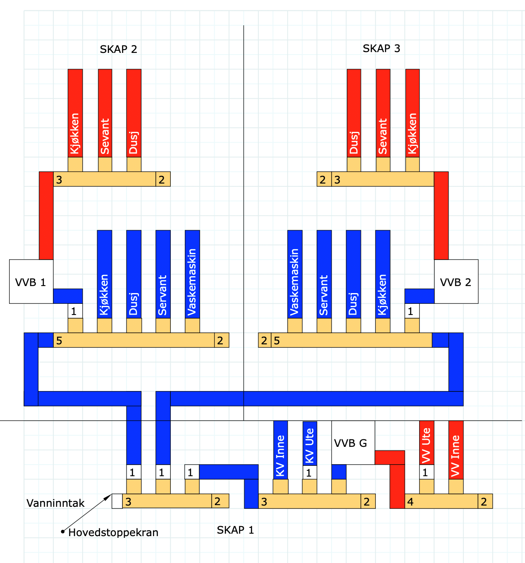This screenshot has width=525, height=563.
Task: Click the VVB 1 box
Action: [31, 282]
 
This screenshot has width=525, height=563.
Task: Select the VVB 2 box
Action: [456, 282]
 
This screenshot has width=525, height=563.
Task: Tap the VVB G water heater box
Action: [353, 443]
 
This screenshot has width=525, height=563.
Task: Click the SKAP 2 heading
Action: [118, 49]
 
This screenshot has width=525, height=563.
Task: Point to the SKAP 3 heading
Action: [381, 48]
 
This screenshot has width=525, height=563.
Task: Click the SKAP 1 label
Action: [235, 530]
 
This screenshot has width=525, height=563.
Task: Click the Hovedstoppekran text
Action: [113, 532]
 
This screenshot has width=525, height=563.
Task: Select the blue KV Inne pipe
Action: [280, 450]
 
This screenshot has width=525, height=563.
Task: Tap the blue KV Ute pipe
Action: [310, 443]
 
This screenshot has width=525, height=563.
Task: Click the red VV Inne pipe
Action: [456, 450]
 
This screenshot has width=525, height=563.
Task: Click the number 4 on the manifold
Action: [410, 502]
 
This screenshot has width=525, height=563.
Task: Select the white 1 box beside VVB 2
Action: [412, 311]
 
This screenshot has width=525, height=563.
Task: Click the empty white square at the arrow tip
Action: [117, 501]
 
